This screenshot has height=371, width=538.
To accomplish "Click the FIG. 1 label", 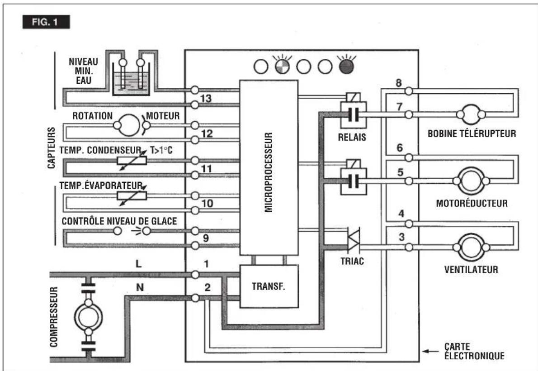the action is pyautogui.click(x=46, y=22).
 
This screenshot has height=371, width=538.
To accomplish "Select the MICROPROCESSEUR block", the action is pyautogui.click(x=269, y=168).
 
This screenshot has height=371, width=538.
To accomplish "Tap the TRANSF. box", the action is pyautogui.click(x=269, y=286).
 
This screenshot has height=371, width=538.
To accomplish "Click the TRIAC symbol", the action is pyautogui.click(x=353, y=239).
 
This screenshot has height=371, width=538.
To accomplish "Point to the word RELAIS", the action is pyautogui.click(x=352, y=138).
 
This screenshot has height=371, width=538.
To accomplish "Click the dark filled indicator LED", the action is pyautogui.click(x=346, y=67).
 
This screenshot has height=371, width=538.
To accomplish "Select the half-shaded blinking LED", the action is pyautogui.click(x=283, y=67).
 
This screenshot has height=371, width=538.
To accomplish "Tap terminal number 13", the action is pyautogui.click(x=206, y=99).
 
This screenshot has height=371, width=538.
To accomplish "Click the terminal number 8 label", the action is pyautogui.click(x=399, y=83).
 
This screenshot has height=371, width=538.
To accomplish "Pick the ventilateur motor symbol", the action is pyautogui.click(x=471, y=247).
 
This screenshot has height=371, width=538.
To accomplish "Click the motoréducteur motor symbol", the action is pyautogui.click(x=471, y=181).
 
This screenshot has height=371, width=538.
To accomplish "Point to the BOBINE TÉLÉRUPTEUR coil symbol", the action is pyautogui.click(x=471, y=114).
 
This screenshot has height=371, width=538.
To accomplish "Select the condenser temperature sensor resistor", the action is pyautogui.click(x=132, y=160).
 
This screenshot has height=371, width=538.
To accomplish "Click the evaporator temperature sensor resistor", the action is pyautogui.click(x=132, y=195).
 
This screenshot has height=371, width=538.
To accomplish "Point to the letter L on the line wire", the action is pyautogui.click(x=139, y=264).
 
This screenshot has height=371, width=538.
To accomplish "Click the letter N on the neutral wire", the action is pyautogui.click(x=140, y=287).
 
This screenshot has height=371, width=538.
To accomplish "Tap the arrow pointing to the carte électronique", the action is pyautogui.click(x=430, y=351).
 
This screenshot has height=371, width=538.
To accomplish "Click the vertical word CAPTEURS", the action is pyautogui.click(x=51, y=147).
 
